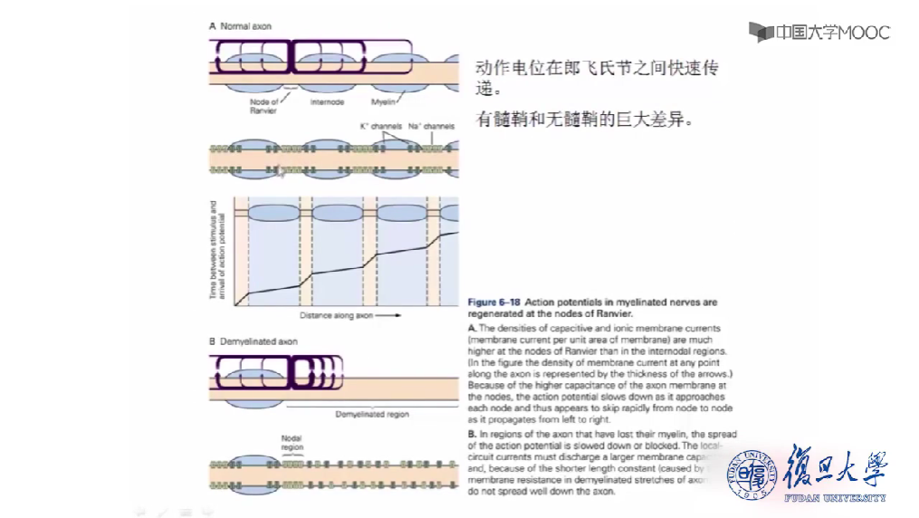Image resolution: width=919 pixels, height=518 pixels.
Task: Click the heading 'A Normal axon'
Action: point(240,27)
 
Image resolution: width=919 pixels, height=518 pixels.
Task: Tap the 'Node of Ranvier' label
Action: point(264,106)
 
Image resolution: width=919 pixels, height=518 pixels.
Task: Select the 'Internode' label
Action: point(326,102)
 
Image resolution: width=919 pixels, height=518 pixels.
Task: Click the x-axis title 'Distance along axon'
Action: point(337,315)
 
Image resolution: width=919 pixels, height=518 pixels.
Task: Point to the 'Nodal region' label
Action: point(292,442)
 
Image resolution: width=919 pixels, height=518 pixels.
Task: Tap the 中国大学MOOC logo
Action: point(819,33)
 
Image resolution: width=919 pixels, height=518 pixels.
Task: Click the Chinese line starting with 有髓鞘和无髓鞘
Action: point(584,120)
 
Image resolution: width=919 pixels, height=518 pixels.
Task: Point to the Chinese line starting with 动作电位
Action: point(598,70)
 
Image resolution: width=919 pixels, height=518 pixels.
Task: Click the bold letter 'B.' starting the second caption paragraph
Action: point(472,436)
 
